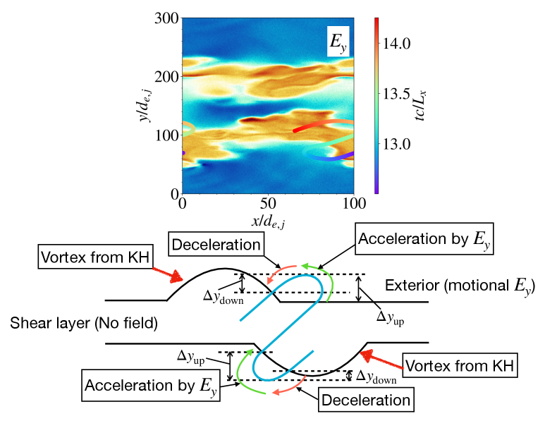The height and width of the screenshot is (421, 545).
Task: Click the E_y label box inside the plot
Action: pyautogui.click(x=338, y=42)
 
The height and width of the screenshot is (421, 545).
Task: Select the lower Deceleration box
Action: pyautogui.click(x=366, y=400)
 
